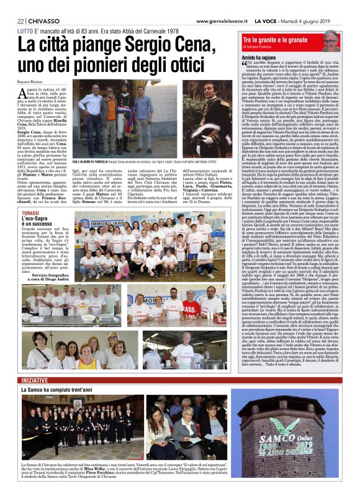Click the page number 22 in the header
coord(20,22)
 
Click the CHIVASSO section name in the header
coord(44,22)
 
